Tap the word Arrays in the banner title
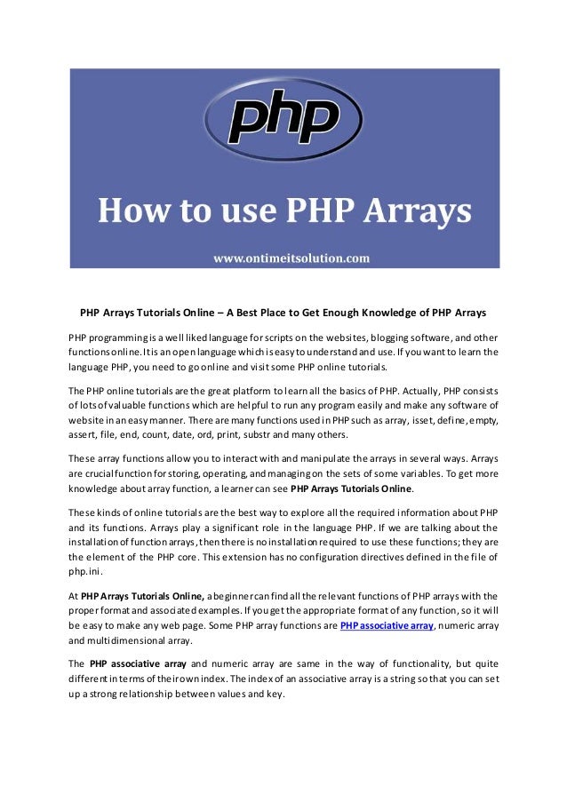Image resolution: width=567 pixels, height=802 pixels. [413, 212]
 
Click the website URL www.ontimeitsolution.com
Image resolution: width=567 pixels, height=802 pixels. [291, 258]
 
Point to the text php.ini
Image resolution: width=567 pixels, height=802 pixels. [84, 571]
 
